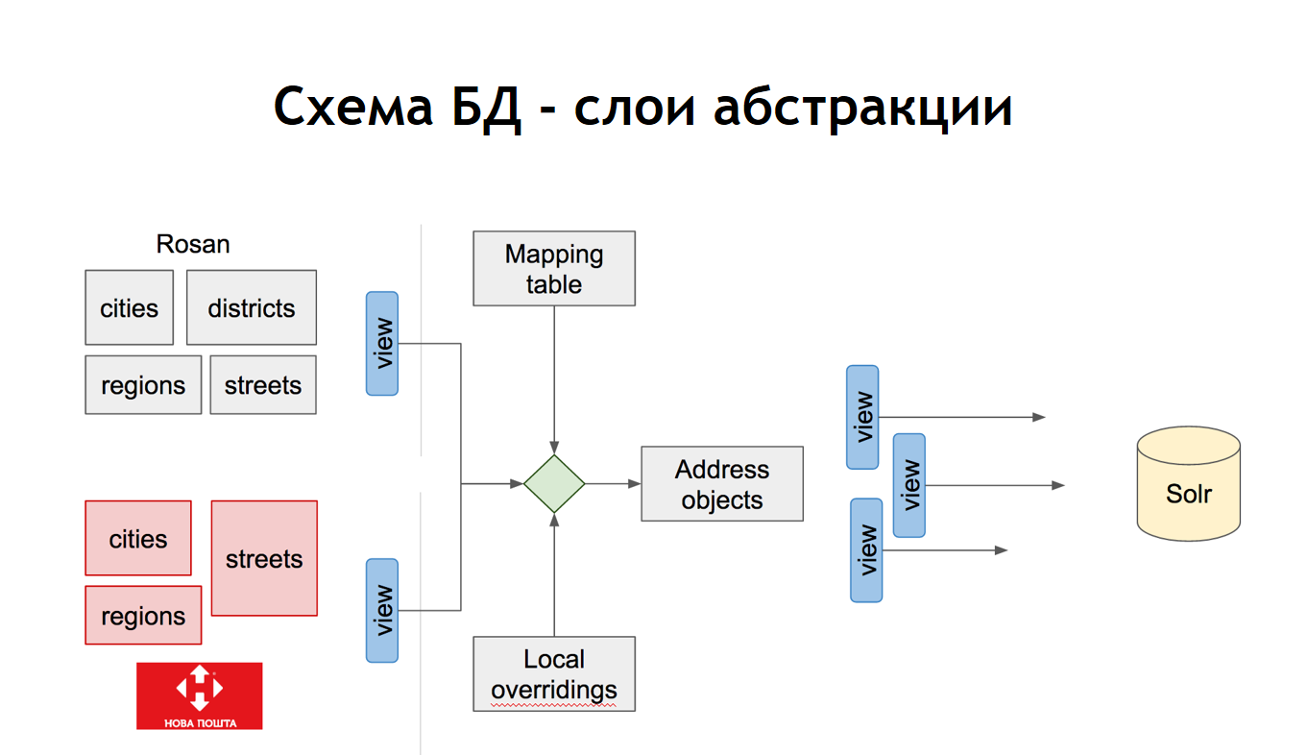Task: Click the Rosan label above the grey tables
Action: tap(193, 244)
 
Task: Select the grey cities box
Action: tap(129, 307)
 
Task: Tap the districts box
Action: tap(252, 307)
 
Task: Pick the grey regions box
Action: tap(143, 385)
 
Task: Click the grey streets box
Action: tap(263, 385)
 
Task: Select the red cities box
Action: tap(138, 538)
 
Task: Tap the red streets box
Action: tap(264, 558)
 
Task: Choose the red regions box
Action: tap(143, 616)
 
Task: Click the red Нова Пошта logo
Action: tap(199, 695)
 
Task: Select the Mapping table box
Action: tap(554, 269)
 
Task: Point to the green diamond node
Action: tap(554, 484)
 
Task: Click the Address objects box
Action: tap(722, 484)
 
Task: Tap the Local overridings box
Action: tap(554, 674)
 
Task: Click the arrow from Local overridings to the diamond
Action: tap(554, 576)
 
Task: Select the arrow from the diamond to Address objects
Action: tap(613, 484)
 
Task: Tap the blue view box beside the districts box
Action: tap(382, 343)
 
